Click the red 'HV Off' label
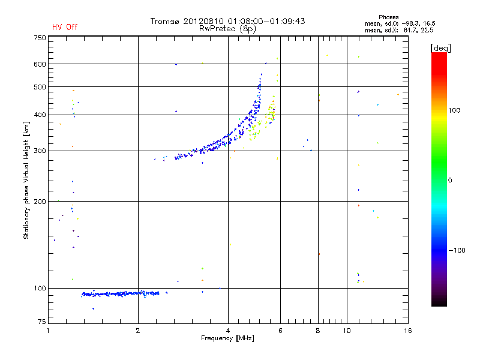point(65,27)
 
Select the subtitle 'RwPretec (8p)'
point(227,28)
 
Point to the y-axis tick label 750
point(39,38)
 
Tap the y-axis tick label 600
point(39,64)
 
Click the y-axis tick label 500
point(39,87)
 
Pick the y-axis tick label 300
point(39,151)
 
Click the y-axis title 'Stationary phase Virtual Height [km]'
point(26,180)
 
